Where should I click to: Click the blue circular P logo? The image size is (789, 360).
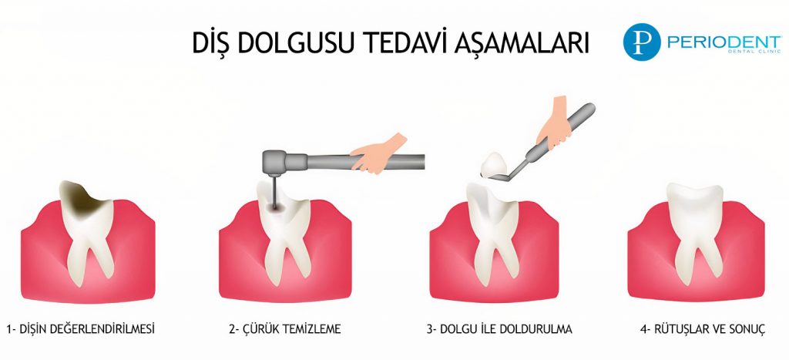[639, 43]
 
